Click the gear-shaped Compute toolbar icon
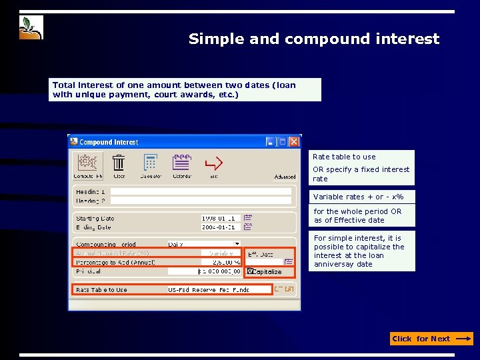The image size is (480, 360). [x=87, y=163]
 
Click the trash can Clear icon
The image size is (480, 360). [x=119, y=163]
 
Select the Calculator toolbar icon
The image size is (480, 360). [x=151, y=163]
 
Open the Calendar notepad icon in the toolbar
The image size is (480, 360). [x=182, y=162]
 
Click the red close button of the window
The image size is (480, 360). [x=294, y=142]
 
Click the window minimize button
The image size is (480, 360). [x=271, y=142]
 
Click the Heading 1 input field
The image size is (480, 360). [x=201, y=191]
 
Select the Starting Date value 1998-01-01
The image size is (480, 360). [x=220, y=218]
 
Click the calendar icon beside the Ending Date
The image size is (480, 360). [x=247, y=227]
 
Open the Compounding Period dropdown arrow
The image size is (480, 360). [x=237, y=244]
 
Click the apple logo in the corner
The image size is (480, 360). [x=31, y=27]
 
